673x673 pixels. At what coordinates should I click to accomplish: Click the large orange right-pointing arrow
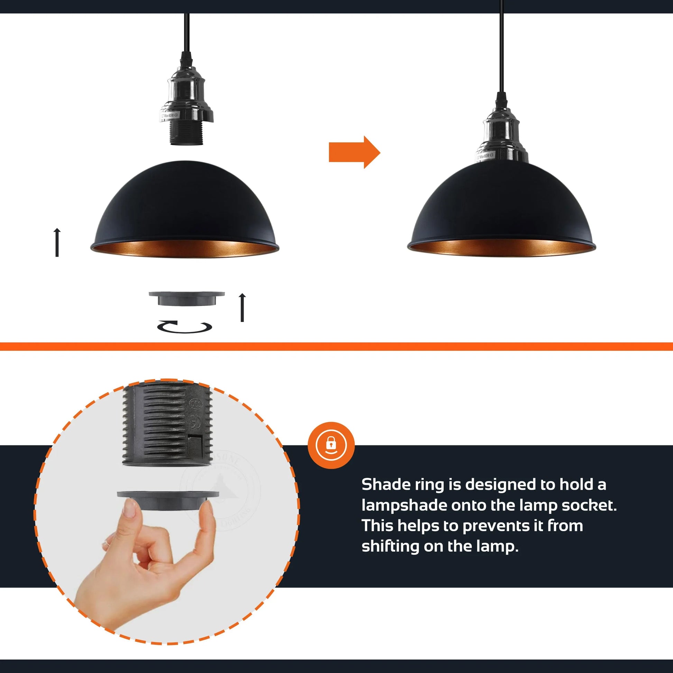pyautogui.click(x=353, y=152)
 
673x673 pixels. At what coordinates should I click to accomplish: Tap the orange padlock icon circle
pyautogui.click(x=331, y=445)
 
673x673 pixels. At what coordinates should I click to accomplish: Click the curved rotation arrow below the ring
pyautogui.click(x=185, y=327)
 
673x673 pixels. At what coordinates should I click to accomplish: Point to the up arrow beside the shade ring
pyautogui.click(x=242, y=307)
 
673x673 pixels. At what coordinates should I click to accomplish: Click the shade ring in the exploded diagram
pyautogui.click(x=186, y=299)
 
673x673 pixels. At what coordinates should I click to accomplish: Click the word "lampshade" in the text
pyautogui.click(x=404, y=505)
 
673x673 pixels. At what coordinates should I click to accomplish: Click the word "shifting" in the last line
pyautogui.click(x=390, y=546)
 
